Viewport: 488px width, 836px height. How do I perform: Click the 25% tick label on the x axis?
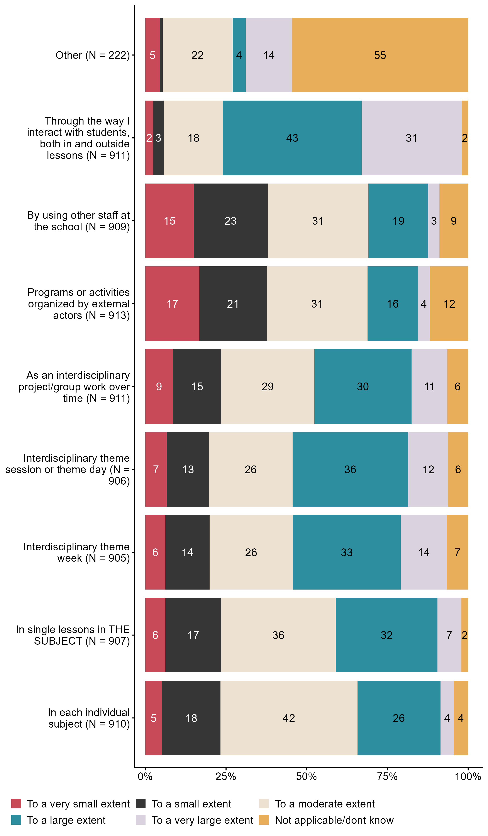[226, 777]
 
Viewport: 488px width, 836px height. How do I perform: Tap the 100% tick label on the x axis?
[468, 777]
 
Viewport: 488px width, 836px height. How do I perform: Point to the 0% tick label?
[145, 777]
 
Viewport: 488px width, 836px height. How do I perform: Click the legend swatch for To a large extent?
[16, 820]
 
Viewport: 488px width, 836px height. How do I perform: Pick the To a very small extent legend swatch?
[16, 804]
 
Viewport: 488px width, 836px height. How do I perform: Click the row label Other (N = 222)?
[93, 55]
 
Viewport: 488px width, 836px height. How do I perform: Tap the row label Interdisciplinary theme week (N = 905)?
[76, 552]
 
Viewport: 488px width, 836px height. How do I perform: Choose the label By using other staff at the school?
[78, 221]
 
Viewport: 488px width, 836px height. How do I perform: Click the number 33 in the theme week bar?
[347, 552]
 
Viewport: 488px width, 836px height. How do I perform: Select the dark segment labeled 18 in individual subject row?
[191, 718]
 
